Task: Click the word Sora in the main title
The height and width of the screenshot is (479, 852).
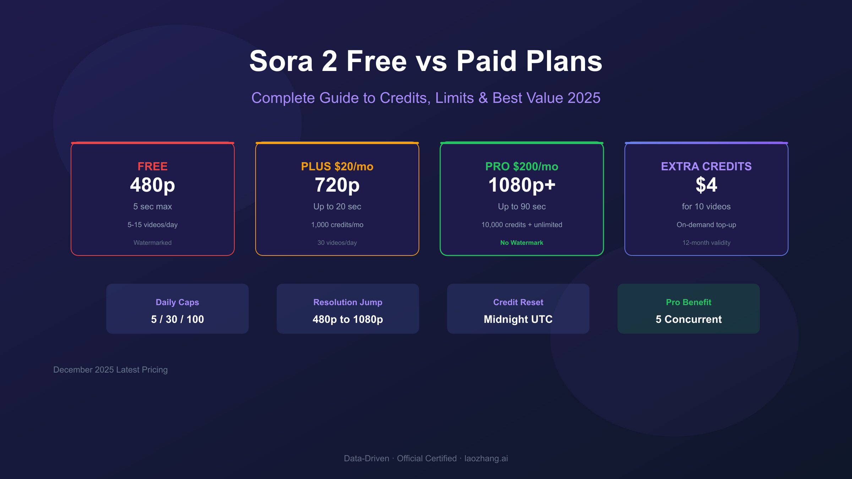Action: point(281,61)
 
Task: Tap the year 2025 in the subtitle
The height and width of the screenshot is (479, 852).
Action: point(584,98)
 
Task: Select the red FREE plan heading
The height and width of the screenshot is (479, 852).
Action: point(153,166)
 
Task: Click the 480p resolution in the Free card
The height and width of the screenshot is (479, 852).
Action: point(153,185)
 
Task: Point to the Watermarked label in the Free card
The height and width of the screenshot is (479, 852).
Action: point(153,243)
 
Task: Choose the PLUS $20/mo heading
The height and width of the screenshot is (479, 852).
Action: point(337,166)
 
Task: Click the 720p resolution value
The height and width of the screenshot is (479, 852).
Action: point(337,185)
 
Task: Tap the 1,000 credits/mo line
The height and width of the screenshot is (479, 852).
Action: point(337,225)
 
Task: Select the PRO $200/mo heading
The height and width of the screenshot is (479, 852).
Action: point(522,166)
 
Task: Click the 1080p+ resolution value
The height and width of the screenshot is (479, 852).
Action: point(522,185)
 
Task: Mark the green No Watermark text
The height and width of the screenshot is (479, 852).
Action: point(522,243)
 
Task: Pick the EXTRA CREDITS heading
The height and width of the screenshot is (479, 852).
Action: point(706,166)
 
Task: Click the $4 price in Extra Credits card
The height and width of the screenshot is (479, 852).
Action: point(706,185)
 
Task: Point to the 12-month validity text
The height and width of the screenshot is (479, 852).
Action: point(706,243)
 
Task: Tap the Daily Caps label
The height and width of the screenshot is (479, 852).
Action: point(177,302)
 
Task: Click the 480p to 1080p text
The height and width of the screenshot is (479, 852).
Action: point(348,319)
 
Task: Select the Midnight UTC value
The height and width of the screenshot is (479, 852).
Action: point(518,319)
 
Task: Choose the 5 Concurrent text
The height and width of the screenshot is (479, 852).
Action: point(689,319)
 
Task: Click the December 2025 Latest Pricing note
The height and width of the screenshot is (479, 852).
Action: point(110,370)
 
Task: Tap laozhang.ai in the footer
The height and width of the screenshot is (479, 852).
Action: point(486,458)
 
